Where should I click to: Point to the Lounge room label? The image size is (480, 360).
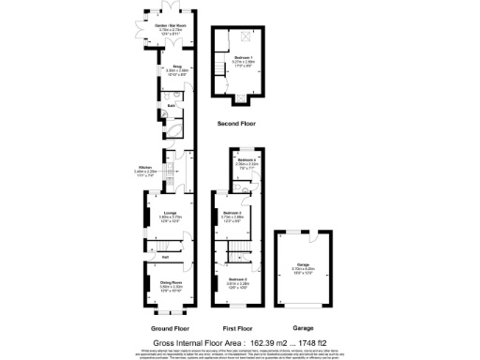click(171, 213)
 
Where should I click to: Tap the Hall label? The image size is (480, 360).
click(165, 256)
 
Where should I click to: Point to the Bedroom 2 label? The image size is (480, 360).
click(236, 279)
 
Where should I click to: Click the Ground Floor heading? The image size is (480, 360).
click(171, 329)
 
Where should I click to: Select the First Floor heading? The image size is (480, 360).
click(238, 329)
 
